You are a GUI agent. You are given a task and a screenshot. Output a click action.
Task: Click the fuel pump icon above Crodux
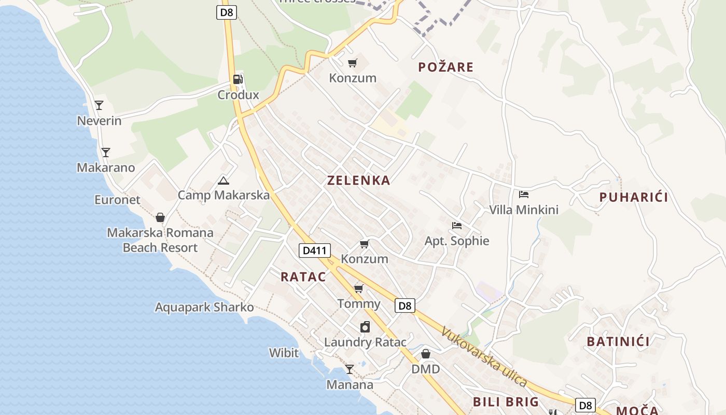pos(238,79)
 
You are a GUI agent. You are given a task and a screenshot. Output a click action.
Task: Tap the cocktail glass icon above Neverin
pos(99,105)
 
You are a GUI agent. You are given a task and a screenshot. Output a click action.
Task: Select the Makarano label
pos(106,168)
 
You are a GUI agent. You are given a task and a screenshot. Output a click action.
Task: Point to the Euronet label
pos(117,200)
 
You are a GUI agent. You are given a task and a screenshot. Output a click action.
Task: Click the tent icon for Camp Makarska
pos(224,181)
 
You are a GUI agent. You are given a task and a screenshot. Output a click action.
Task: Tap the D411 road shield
pos(315,251)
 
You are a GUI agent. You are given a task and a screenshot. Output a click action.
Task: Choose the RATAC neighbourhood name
pos(303,276)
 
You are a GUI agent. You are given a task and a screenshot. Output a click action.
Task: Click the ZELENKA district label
pos(358,181)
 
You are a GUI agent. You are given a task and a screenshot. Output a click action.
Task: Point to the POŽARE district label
pos(445,67)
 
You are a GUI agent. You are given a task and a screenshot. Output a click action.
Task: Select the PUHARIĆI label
pos(634,197)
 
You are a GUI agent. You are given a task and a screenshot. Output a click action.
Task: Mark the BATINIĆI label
pos(618,341)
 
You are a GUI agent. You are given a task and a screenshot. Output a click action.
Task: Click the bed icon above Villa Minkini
pos(524,195)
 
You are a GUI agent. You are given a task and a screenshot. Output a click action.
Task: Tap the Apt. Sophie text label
pos(457,241)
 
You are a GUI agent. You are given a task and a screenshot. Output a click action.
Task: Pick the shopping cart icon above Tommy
pos(358,288)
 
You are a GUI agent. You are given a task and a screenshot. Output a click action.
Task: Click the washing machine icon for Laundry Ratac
pos(365,327)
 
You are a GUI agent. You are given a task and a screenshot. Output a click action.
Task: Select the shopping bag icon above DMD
pos(426,354)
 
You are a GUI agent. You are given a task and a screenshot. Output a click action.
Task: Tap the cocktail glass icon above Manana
pos(350,369)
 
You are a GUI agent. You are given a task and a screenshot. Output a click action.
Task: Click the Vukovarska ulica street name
pos(484,357)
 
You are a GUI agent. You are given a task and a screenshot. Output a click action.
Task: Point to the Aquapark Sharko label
pos(204,307)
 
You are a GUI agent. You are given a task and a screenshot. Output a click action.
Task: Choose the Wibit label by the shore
pos(284,353)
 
